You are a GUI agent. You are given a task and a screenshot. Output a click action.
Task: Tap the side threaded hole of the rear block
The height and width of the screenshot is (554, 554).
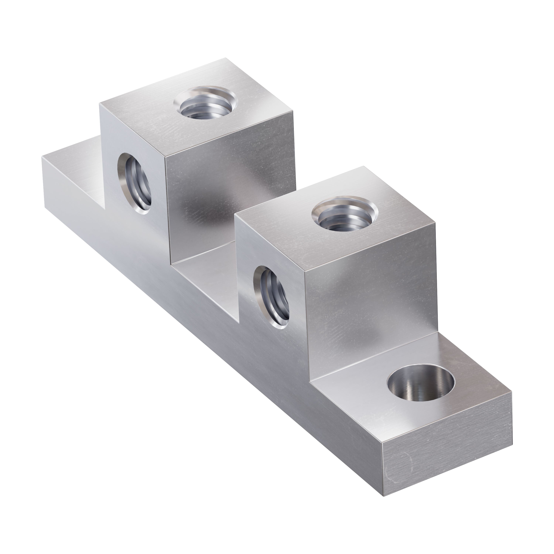tap(135, 184)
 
